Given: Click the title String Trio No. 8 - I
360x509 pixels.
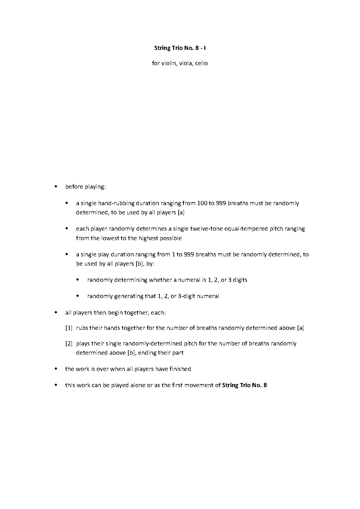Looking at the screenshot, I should coord(180,48).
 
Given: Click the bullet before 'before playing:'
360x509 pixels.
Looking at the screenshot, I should coord(56,186).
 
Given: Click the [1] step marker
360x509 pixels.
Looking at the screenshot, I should coord(69,328).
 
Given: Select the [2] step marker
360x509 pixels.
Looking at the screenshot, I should coord(69,344).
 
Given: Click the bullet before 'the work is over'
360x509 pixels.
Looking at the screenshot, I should coord(56,369).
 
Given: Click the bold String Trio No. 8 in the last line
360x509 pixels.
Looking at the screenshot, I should coord(244,385).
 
